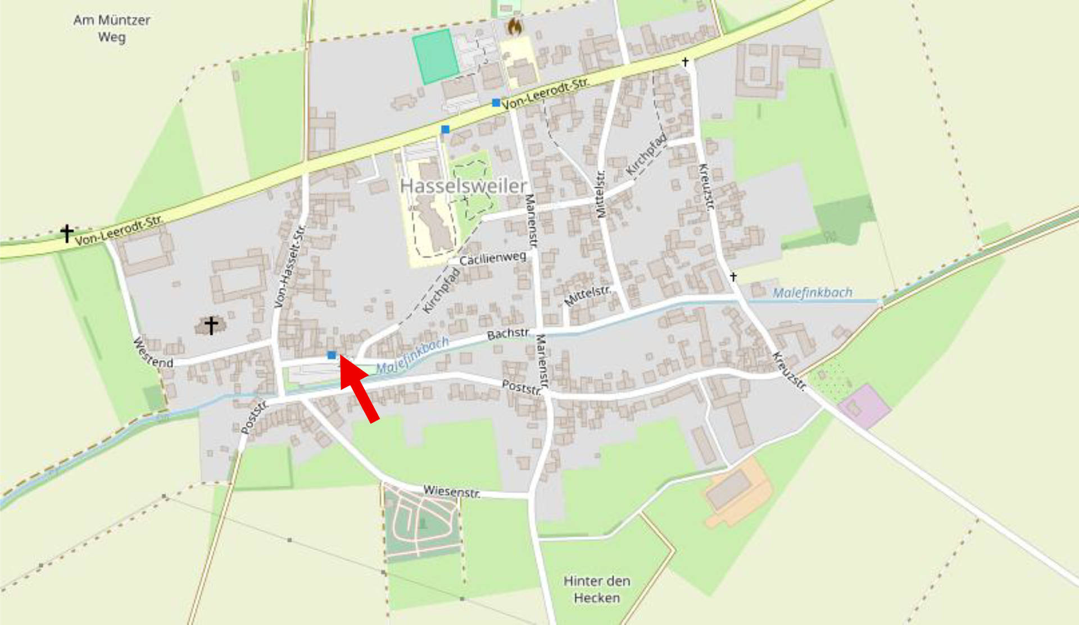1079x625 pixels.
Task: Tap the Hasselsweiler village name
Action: (x=464, y=186)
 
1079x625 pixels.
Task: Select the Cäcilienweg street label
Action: (x=493, y=258)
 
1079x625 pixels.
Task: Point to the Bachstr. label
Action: (x=508, y=334)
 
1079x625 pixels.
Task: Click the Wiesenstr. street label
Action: (x=451, y=491)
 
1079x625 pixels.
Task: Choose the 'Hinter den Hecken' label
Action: (x=596, y=589)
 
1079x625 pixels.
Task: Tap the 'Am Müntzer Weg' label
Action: (x=112, y=29)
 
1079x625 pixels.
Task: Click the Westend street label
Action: (x=153, y=353)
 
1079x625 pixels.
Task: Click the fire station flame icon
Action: (x=514, y=26)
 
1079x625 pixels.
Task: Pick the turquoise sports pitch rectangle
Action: (x=435, y=56)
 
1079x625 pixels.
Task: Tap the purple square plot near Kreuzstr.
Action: (x=864, y=405)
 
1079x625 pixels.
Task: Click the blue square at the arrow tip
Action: (x=332, y=355)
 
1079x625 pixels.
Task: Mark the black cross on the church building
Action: (x=211, y=325)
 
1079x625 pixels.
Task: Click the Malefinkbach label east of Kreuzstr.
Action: (x=812, y=293)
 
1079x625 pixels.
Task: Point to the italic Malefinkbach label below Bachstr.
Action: (x=412, y=355)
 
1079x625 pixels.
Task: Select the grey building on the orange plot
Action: (x=728, y=490)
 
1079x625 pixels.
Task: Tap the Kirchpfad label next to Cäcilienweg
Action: (x=441, y=291)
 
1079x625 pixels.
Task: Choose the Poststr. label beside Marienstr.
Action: (x=522, y=387)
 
